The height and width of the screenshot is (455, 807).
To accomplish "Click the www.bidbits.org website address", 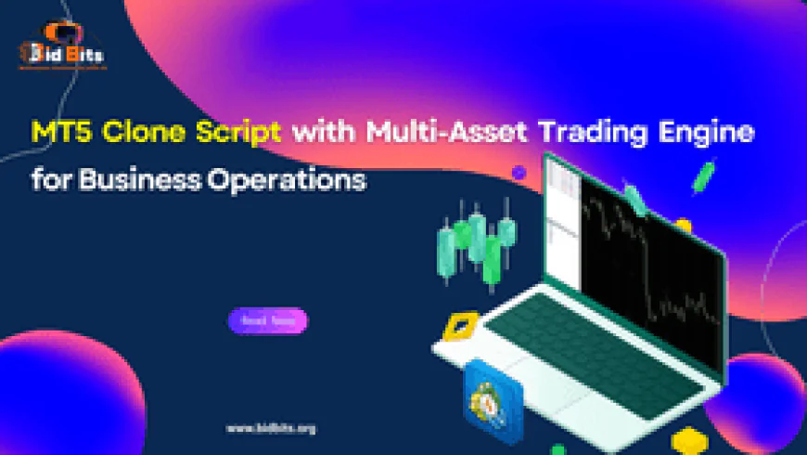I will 271,429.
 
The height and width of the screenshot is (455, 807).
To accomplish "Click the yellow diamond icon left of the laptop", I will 456,327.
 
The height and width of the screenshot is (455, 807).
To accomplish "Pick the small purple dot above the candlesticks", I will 519,173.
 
